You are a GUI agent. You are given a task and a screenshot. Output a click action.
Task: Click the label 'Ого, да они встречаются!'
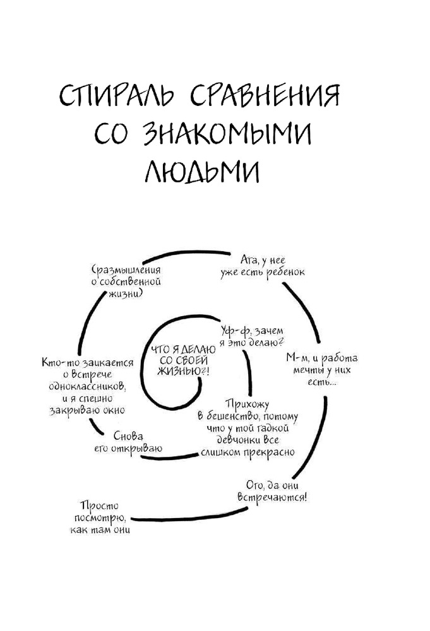click(x=272, y=490)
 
